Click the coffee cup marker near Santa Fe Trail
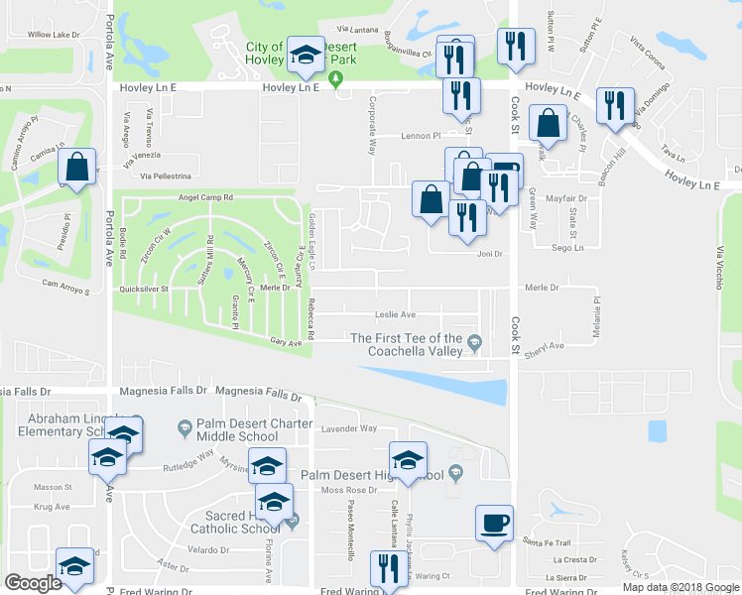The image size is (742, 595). click(x=494, y=523)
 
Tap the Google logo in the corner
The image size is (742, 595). click(x=33, y=582)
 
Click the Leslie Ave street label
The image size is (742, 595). click(x=395, y=314)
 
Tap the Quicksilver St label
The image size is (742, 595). click(x=145, y=290)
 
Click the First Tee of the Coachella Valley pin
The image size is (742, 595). click(x=477, y=344)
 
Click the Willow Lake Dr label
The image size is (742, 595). click(x=53, y=35)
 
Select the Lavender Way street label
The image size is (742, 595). click(x=350, y=428)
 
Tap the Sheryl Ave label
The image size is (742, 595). click(x=544, y=346)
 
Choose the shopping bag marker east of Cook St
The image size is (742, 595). click(x=548, y=124)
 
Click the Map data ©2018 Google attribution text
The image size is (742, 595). click(x=680, y=587)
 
